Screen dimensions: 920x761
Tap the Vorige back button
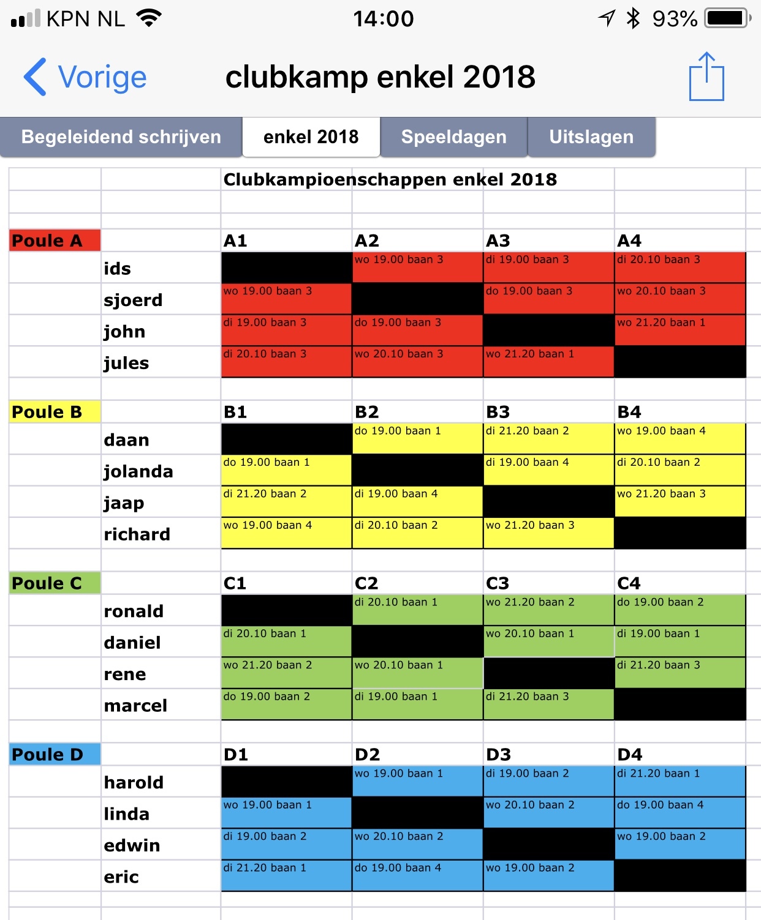point(86,78)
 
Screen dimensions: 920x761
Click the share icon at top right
point(706,77)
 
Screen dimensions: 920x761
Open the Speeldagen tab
point(453,137)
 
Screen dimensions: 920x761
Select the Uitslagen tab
point(591,137)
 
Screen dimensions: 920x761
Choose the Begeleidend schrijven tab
point(121,137)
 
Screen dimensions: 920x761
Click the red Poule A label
point(55,241)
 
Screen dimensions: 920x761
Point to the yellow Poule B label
point(55,412)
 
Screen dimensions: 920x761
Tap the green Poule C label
point(55,583)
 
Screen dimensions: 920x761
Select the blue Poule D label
point(55,755)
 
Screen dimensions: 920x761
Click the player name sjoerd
point(133,300)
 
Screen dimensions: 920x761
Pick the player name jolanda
point(138,471)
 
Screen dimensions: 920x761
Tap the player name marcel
point(135,706)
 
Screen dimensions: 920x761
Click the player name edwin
point(132,845)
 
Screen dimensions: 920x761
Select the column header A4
point(629,241)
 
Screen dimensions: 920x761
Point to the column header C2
point(366,583)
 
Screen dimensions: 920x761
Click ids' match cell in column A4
point(680,267)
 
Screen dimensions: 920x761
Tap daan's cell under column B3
point(548,439)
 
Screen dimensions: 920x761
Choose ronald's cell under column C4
point(680,610)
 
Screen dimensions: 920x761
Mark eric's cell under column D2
point(417,876)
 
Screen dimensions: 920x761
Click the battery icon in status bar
point(727,18)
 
